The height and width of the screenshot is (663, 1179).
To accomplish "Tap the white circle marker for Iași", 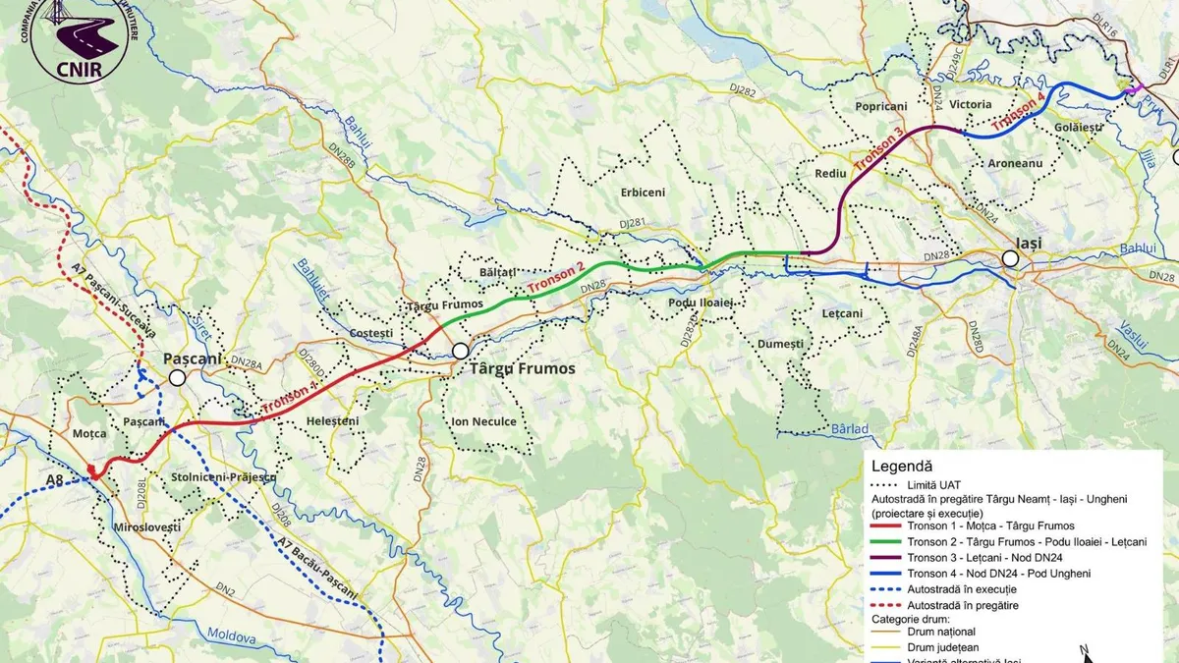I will [x=1010, y=258].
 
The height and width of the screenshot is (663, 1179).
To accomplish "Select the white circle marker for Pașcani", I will [x=177, y=377].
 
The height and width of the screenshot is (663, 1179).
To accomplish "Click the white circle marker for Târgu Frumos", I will [x=460, y=350].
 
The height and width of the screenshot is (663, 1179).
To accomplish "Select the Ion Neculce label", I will [x=483, y=421].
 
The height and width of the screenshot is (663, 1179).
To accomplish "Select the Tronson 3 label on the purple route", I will [x=877, y=150].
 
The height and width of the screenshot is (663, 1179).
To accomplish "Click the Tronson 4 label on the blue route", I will [x=1019, y=111].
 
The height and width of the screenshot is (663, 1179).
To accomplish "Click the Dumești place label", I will [x=780, y=344].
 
